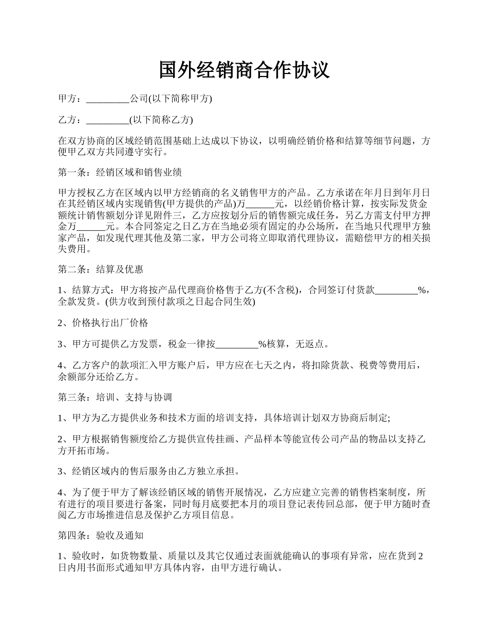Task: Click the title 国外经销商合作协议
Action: coord(244,70)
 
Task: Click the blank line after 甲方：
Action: coord(107,99)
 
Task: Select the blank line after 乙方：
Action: coord(107,120)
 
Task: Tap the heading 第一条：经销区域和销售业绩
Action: coord(120,172)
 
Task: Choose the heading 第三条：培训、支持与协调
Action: coord(115,397)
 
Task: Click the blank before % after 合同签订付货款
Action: coord(397,290)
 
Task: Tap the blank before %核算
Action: coord(236,344)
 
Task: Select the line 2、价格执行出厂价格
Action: coord(103,323)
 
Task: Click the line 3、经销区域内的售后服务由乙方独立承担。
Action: coord(148,471)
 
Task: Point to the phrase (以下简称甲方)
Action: coord(180,99)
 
